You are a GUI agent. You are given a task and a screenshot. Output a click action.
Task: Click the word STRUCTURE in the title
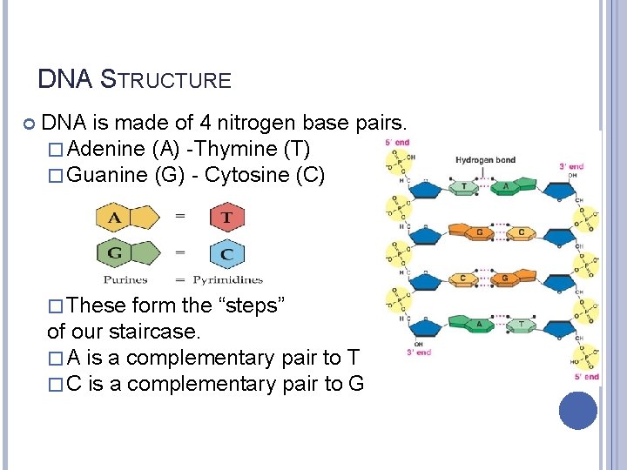pyautogui.click(x=167, y=81)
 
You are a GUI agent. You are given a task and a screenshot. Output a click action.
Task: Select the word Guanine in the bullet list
pyautogui.click(x=107, y=175)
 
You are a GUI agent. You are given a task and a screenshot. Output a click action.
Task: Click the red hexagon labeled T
pyautogui.click(x=226, y=217)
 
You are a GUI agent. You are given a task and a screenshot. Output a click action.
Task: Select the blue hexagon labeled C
pyautogui.click(x=226, y=255)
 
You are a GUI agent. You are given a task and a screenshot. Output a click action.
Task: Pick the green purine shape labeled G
pyautogui.click(x=122, y=254)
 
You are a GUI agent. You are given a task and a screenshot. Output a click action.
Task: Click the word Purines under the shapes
pyautogui.click(x=125, y=279)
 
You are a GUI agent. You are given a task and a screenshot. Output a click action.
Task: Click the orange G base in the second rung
pyautogui.click(x=478, y=232)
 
